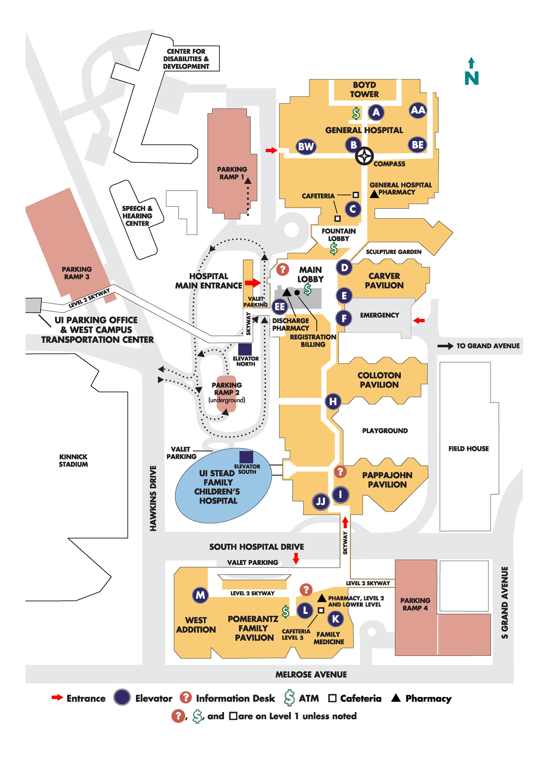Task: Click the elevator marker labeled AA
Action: tap(418, 110)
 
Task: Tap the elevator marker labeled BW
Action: tap(306, 146)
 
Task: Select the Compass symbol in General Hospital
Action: tap(364, 156)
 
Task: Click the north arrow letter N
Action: tap(471, 79)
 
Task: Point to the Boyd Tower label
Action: tap(364, 90)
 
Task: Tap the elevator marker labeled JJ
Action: tap(321, 501)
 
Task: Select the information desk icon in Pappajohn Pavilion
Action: tap(340, 472)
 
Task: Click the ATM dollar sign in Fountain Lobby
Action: tap(334, 249)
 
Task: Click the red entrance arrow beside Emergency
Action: tap(419, 321)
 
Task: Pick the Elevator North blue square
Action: tap(245, 350)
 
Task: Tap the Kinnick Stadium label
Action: tap(73, 460)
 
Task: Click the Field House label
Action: tap(468, 448)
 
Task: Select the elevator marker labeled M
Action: tap(200, 595)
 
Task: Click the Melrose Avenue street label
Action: tap(311, 674)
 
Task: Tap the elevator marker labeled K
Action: tap(335, 619)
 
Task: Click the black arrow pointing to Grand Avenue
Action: tap(445, 346)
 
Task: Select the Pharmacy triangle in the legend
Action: tap(396, 698)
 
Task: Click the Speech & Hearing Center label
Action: tap(137, 216)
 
